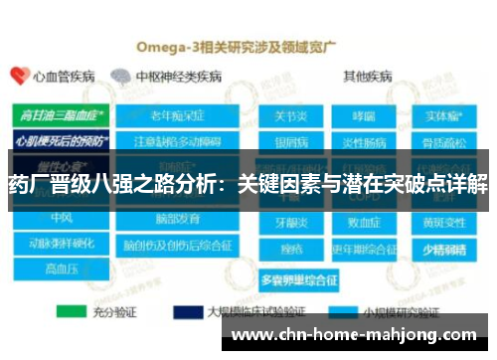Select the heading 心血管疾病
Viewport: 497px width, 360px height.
coord(62,76)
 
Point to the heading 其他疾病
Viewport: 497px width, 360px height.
coord(367,76)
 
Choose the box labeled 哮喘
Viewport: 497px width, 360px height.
coord(363,117)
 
